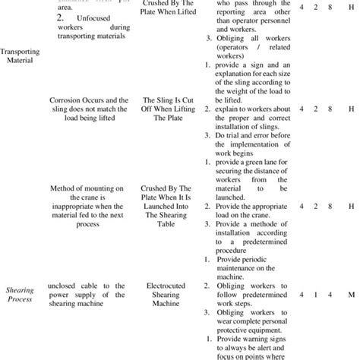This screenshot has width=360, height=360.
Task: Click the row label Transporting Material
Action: click(x=21, y=57)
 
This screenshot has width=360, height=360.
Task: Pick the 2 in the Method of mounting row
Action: click(x=307, y=206)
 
